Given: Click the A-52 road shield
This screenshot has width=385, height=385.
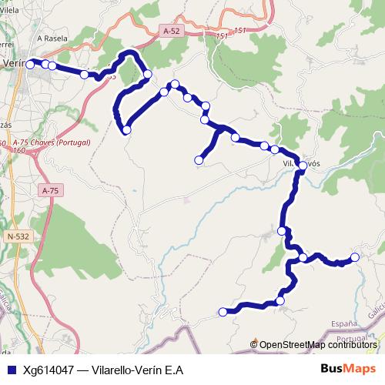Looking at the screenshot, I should click(172, 31).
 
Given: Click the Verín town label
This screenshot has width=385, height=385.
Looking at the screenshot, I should click(12, 64).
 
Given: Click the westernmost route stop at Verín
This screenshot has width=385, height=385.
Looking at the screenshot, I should click(30, 65).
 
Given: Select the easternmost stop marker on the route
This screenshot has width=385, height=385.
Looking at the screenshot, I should click(355, 257).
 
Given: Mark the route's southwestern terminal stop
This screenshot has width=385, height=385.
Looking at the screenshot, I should click(223, 312).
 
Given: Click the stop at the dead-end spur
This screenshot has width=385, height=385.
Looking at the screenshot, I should click(199, 160).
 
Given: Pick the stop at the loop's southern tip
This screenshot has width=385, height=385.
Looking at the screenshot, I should click(127, 130).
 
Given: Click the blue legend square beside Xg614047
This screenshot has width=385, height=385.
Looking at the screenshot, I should click(11, 370).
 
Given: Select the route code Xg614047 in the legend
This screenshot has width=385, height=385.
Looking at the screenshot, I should click(52, 370).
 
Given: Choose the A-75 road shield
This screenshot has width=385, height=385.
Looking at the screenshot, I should click(51, 190).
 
